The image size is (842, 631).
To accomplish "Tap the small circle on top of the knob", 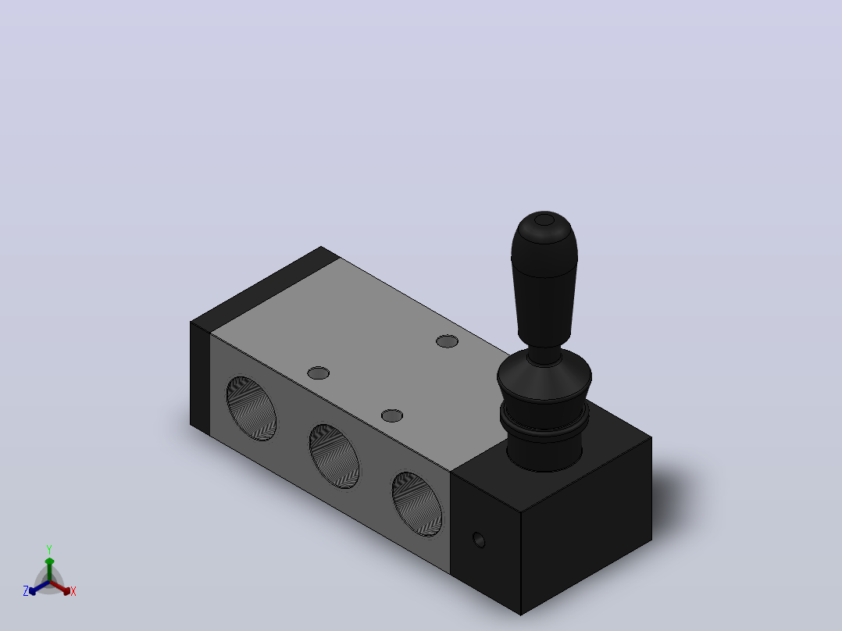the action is pos(544,220).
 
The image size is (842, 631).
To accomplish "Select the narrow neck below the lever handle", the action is pos(544,355).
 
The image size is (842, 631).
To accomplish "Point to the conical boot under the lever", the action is pos(544,379).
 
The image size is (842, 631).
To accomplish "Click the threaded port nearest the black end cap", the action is pos(252,408).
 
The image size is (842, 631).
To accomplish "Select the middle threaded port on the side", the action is pos(334,456).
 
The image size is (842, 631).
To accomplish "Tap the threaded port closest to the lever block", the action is pos(417,504).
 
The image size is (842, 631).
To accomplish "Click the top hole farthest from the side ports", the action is pos(447,341).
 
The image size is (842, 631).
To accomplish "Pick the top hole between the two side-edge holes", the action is pos(318,373).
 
